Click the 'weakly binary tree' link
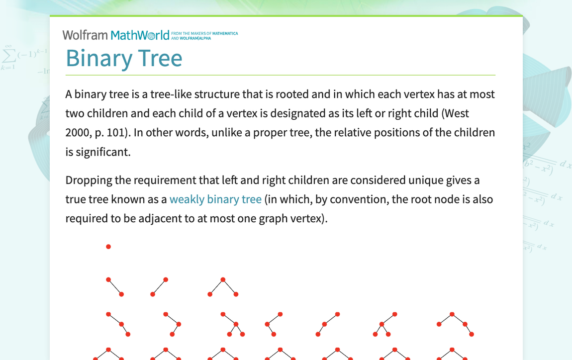(215, 199)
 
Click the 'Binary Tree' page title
(124, 58)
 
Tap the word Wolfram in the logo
(85, 35)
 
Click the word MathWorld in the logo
(140, 35)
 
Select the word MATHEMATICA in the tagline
(225, 33)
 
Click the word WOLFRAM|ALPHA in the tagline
(195, 38)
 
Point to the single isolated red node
(108, 247)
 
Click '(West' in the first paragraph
(455, 113)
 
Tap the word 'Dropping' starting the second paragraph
(89, 180)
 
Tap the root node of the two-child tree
(223, 279)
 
